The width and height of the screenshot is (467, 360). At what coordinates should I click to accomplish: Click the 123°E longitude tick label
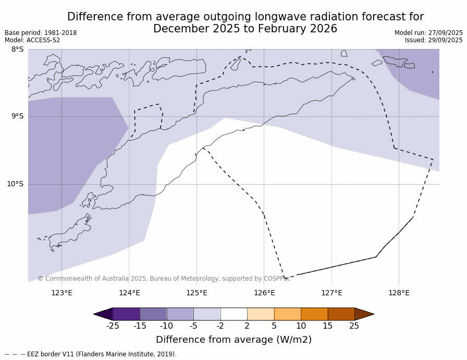[x=62, y=293]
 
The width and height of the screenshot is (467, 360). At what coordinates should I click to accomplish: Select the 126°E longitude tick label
[x=264, y=293]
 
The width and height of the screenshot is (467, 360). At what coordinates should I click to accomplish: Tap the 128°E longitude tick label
[x=399, y=293]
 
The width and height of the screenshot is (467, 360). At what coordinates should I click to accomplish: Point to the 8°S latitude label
[x=17, y=50]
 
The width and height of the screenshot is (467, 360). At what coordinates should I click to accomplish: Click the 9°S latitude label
[x=17, y=116]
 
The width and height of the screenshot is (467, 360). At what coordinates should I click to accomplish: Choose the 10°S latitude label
[x=15, y=184]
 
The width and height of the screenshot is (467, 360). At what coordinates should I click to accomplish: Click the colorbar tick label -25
[x=113, y=326]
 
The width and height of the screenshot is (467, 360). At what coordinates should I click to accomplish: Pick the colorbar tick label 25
[x=354, y=326]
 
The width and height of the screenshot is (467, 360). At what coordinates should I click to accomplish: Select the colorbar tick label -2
[x=220, y=326]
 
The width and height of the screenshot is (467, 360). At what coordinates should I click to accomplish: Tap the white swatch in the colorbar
[x=233, y=314]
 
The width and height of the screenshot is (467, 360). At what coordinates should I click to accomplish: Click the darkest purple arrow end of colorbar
[x=103, y=314]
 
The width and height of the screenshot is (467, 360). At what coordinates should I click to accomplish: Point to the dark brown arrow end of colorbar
[x=364, y=314]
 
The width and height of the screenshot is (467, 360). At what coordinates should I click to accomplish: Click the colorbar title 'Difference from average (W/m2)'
[x=233, y=340]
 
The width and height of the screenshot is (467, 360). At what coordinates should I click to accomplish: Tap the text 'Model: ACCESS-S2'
[x=32, y=40]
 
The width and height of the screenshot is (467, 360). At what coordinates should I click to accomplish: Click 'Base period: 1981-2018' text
[x=41, y=33]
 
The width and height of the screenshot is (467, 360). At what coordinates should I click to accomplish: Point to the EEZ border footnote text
[x=91, y=354]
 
